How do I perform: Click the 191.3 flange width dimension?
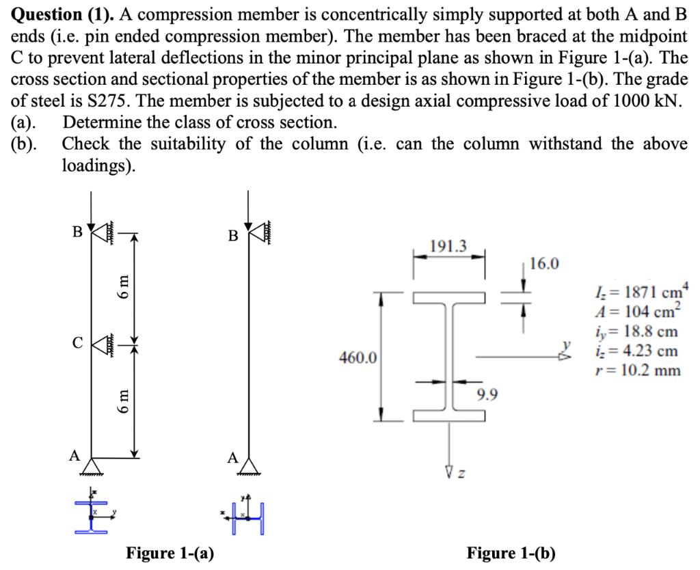click(x=448, y=246)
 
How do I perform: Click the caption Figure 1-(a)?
click(x=170, y=552)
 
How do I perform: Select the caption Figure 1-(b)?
click(x=511, y=552)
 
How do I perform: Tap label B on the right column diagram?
click(x=233, y=236)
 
